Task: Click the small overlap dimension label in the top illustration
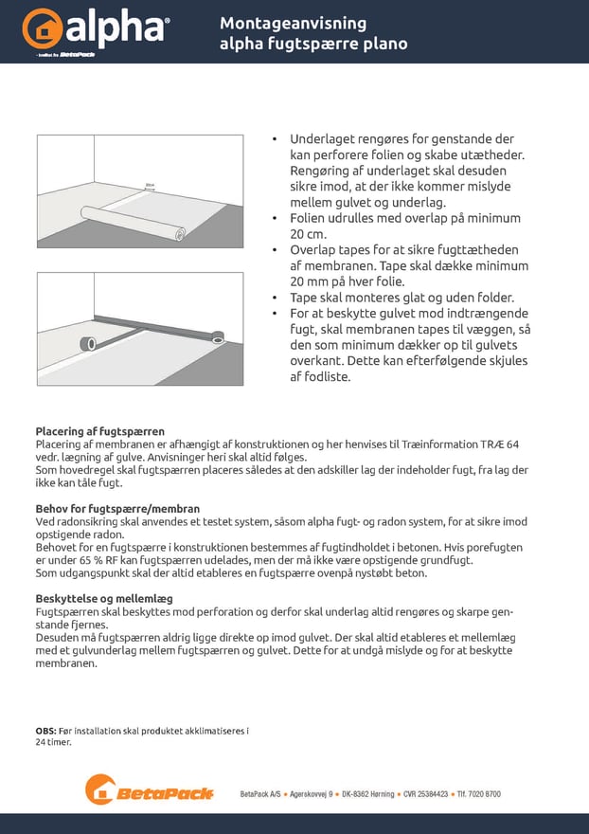[149, 187]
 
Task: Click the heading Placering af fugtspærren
[99, 431]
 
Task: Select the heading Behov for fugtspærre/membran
[117, 509]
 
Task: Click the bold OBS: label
[46, 731]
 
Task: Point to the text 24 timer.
[53, 742]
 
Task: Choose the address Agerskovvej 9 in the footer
[311, 794]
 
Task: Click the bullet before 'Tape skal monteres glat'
[276, 298]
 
